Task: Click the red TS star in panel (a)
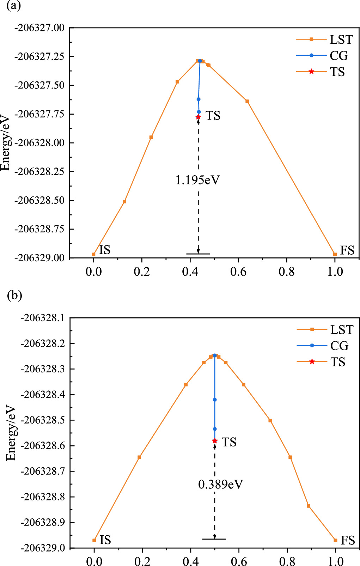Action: [x=198, y=117]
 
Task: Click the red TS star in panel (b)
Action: [x=215, y=441]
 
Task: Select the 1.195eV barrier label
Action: [x=197, y=180]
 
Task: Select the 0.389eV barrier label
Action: [x=220, y=484]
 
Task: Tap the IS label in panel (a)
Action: [x=105, y=250]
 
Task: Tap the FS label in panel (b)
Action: [x=347, y=540]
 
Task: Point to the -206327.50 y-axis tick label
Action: [x=39, y=85]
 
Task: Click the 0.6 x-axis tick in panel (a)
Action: [x=238, y=272]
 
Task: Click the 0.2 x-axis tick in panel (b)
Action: [x=142, y=561]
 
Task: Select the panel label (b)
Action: [x=14, y=296]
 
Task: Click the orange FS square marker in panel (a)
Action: [x=335, y=254]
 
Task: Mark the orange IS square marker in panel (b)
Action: [x=94, y=540]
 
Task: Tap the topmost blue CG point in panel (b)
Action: [x=215, y=355]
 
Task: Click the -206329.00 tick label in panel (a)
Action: [x=39, y=258]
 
